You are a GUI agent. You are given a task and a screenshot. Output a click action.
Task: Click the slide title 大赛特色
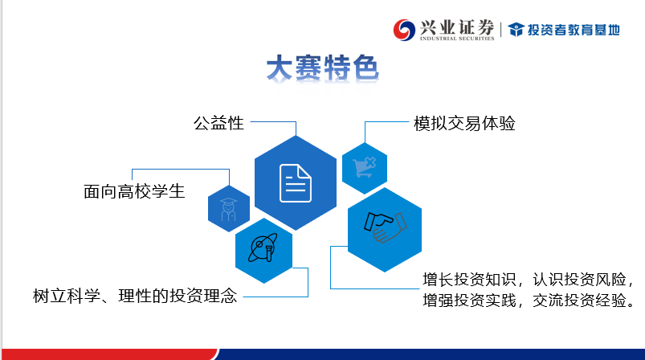322,67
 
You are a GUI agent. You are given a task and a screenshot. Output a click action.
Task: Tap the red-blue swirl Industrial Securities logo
404,30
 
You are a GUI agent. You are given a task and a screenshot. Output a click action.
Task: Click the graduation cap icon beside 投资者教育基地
516,30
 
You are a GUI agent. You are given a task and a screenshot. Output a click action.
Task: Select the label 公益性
218,123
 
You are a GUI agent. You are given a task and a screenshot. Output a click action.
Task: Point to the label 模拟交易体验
464,124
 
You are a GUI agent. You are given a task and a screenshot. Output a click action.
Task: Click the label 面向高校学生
134,192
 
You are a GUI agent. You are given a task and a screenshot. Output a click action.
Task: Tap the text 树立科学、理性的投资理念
135,296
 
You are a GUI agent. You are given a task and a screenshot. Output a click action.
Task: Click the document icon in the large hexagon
296,183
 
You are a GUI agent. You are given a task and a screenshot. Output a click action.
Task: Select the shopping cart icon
365,167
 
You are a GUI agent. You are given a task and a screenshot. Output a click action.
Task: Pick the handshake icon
385,227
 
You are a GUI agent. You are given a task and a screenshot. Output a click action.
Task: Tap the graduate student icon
229,209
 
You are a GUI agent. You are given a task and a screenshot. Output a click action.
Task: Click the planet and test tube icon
263,247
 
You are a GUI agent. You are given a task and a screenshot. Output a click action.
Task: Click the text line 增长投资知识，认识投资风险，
529,280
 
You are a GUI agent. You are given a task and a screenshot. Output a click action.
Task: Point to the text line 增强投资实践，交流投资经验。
529,301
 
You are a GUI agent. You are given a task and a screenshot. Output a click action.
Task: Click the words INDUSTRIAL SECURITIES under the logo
457,39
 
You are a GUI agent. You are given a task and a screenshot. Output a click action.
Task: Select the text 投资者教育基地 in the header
574,30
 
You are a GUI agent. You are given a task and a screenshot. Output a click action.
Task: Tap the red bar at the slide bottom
110,354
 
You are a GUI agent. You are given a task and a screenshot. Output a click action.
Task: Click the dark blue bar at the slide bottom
431,354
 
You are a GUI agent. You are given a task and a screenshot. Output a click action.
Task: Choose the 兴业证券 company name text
457,27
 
